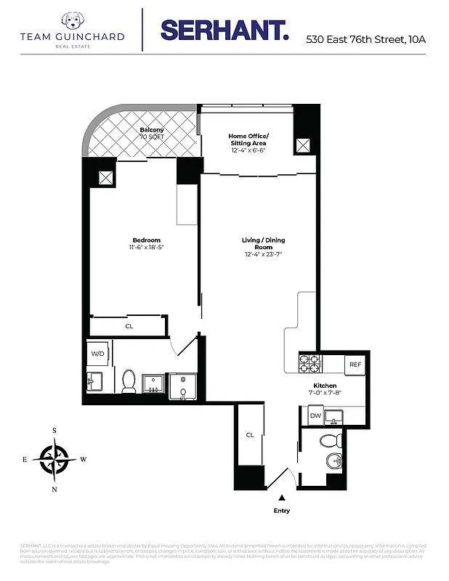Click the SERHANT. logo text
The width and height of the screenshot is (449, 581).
point(224,31)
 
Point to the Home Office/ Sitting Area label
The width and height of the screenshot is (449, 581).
point(248,139)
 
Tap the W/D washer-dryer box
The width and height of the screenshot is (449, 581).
point(97,354)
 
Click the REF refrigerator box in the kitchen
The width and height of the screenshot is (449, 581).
point(355,365)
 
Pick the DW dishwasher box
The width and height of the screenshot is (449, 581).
point(315,416)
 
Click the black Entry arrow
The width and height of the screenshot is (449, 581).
point(281,497)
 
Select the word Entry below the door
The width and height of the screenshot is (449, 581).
point(281,511)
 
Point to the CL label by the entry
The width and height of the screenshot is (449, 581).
point(249,435)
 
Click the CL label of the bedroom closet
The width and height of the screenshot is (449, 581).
point(129,326)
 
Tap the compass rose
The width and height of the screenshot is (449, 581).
point(54,459)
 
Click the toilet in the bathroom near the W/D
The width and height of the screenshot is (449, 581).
point(129,380)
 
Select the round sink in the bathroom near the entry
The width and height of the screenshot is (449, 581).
point(333,461)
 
